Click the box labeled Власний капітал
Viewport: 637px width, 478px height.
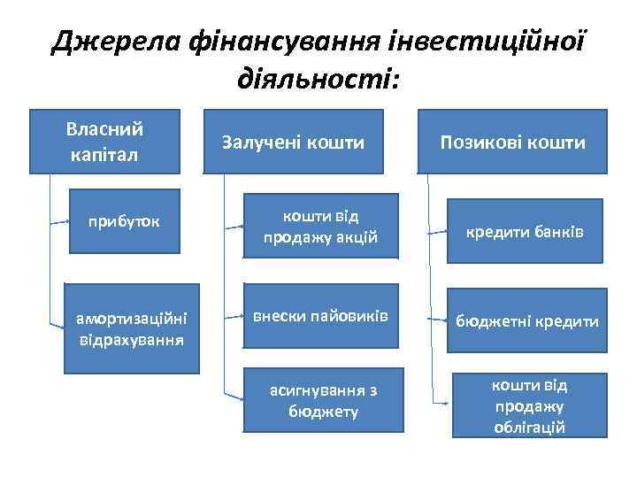(105, 141)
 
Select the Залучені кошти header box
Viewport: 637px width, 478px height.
(294, 141)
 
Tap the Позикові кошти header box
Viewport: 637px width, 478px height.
(514, 141)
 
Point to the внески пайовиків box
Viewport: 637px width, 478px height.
(321, 316)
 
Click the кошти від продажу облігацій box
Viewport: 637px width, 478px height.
(530, 405)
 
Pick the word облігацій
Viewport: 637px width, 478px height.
(530, 427)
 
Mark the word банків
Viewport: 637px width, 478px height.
(562, 231)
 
